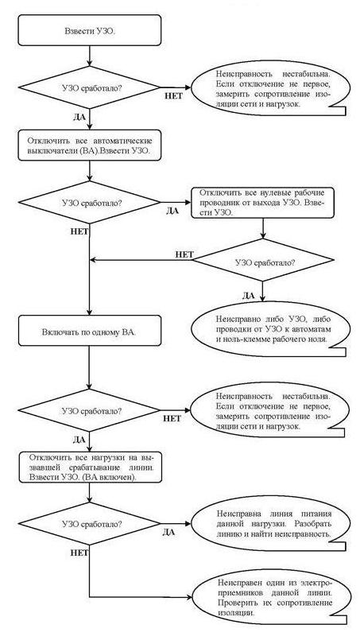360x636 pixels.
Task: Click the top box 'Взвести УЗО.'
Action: [90, 30]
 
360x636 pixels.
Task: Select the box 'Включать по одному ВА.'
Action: [89, 331]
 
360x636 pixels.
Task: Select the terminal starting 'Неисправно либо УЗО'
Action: [269, 329]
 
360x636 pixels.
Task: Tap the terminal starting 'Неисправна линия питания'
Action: [269, 524]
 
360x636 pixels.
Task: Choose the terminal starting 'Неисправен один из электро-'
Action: [269, 597]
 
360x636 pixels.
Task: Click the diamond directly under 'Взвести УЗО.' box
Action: [89, 87]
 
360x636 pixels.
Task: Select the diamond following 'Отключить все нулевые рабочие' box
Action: [263, 260]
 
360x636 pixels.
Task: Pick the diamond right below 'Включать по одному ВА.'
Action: [89, 410]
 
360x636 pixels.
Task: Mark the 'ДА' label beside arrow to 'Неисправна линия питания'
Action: [168, 533]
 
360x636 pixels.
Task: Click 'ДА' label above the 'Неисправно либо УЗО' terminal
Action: [248, 296]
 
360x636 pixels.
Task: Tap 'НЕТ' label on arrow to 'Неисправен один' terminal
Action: [79, 553]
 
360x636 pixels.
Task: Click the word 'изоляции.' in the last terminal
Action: [235, 612]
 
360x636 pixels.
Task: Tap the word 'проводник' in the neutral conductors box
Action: [215, 202]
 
